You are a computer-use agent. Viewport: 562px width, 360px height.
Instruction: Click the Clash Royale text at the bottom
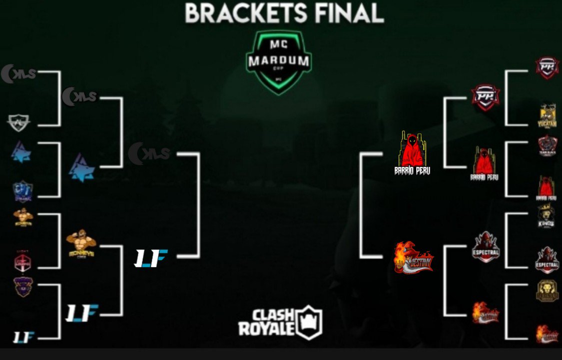[x=265, y=322]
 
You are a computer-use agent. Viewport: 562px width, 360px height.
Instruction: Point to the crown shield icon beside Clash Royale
[x=309, y=322]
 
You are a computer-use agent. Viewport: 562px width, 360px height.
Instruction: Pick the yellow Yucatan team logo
[x=548, y=115]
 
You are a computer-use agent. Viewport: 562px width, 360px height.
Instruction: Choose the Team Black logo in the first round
[x=548, y=146]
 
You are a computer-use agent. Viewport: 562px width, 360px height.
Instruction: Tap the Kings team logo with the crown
[x=547, y=216]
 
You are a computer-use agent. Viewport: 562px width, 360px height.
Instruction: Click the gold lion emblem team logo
[x=547, y=290]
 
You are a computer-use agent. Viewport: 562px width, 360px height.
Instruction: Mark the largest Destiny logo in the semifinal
[x=414, y=257]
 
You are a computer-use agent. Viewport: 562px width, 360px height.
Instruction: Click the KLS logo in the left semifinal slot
[x=149, y=153]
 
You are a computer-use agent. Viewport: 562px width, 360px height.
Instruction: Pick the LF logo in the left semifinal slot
[x=151, y=257]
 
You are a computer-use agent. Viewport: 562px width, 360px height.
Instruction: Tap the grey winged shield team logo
[x=19, y=121]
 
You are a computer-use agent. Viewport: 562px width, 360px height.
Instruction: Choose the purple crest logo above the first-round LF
[x=23, y=286]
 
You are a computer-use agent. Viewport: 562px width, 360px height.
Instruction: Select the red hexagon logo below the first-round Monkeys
[x=22, y=260]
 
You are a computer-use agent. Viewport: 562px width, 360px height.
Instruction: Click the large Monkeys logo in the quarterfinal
[x=81, y=243]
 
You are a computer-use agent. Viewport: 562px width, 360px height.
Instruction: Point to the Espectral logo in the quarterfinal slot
[x=486, y=246]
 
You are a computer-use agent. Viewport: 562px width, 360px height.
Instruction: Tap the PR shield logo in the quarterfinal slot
[x=485, y=97]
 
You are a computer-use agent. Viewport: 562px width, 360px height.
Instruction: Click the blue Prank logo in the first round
[x=23, y=190]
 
